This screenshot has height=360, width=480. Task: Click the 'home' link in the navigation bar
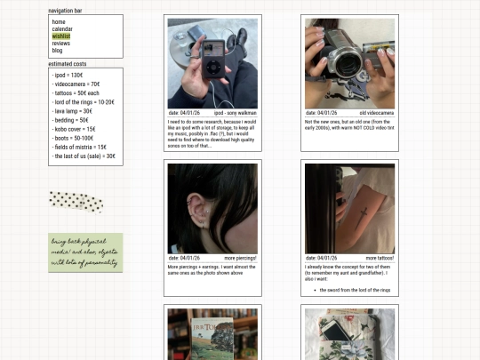point(59,21)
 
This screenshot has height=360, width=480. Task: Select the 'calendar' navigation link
point(62,28)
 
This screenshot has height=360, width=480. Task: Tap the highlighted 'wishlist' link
point(61,36)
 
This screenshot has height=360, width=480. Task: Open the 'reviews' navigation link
point(60,43)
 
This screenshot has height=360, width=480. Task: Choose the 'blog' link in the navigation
point(58,50)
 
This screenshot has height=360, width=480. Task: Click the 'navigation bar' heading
point(65,11)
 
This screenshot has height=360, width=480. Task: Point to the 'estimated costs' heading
point(67,64)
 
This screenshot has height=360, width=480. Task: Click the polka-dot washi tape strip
point(76,202)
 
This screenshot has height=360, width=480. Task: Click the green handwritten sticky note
point(85,252)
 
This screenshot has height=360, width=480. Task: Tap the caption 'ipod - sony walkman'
point(235,113)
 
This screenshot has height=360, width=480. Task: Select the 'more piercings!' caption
point(240,258)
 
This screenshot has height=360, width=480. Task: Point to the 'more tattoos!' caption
point(379,258)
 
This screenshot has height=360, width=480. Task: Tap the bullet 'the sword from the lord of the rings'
point(350,290)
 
